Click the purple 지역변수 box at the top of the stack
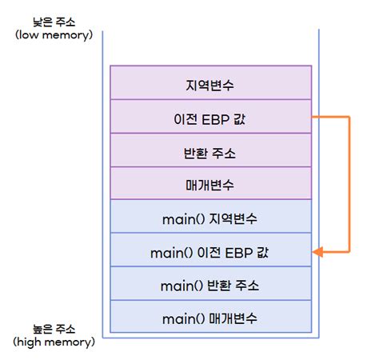pos(209,83)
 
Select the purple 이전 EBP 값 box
pos(209,118)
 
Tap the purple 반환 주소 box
pos(209,151)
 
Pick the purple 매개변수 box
pos(209,184)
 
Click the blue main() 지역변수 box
pos(209,218)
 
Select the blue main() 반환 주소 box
pos(209,285)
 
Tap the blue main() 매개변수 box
pos(209,318)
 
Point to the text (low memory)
pos(54,37)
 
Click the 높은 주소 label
pos(54,329)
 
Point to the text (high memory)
pos(54,342)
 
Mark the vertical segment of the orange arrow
pos(349,184)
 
